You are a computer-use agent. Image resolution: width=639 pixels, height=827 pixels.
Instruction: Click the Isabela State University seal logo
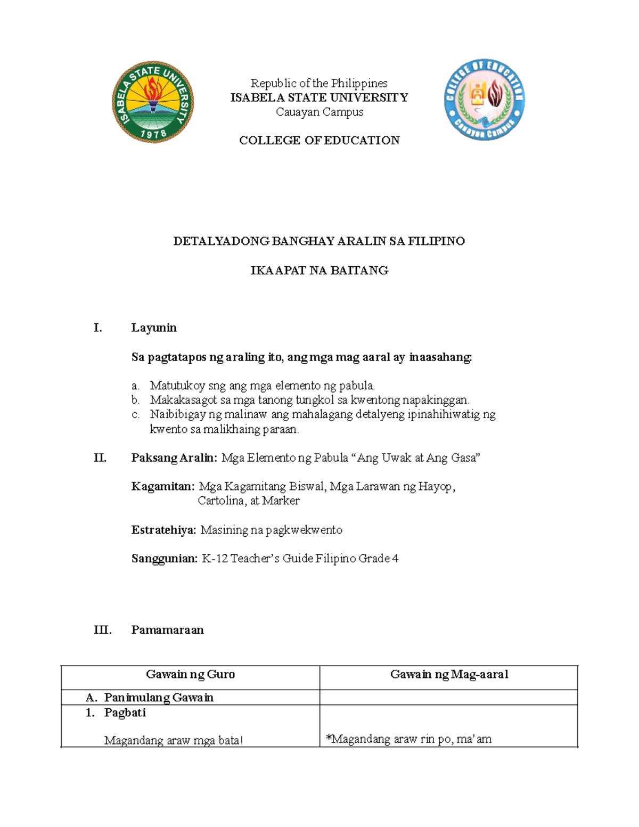[x=153, y=101]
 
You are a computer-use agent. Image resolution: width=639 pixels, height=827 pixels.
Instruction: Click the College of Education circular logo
[x=484, y=100]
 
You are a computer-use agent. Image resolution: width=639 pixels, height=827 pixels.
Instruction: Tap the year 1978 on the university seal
[x=153, y=134]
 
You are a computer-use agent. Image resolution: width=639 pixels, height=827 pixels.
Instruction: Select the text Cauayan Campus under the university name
[x=319, y=112]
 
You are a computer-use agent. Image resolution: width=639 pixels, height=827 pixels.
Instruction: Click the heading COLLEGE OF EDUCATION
[x=319, y=141]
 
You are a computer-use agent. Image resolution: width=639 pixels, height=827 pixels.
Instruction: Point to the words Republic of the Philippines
[x=319, y=83]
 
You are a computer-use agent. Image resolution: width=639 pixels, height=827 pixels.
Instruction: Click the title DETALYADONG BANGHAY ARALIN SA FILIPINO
[x=319, y=241]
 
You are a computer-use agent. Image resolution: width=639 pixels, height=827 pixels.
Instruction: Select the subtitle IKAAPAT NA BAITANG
[x=319, y=271]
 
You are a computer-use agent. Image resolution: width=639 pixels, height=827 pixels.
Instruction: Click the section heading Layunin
[x=154, y=328]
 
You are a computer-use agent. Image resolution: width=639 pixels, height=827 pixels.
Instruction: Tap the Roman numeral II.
[x=100, y=458]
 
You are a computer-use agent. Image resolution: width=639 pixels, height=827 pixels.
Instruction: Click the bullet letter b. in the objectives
[x=135, y=400]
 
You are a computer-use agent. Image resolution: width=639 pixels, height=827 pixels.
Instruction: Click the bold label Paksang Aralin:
[x=174, y=458]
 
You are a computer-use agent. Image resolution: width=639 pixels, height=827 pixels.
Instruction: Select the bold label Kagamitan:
[x=163, y=487]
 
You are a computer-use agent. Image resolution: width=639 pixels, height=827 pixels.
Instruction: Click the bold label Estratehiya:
[x=164, y=530]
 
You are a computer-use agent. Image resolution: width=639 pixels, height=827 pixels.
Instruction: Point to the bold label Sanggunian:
[x=165, y=559]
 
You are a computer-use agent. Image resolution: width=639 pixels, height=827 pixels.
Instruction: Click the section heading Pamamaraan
[x=167, y=630]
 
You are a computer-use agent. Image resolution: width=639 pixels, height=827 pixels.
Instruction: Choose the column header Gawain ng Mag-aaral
[x=449, y=675]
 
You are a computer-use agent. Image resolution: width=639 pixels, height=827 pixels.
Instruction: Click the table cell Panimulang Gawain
[x=159, y=698]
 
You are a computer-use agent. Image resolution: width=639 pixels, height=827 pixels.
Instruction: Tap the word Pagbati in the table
[x=125, y=713]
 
